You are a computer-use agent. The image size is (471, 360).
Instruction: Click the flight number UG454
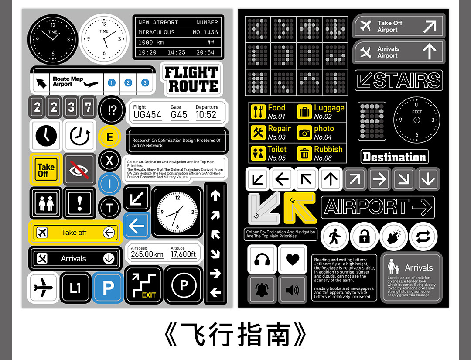[147, 115]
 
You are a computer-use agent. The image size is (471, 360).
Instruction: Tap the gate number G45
[179, 115]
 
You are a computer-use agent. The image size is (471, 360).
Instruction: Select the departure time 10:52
[206, 115]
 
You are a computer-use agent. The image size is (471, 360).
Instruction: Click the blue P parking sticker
[108, 288]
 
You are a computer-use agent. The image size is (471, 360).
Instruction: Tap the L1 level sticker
[75, 288]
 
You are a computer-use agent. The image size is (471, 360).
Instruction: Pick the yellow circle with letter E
[109, 137]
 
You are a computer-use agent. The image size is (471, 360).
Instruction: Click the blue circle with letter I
[109, 184]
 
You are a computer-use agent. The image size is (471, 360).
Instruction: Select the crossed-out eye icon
[79, 169]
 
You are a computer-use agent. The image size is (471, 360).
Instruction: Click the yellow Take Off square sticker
[46, 169]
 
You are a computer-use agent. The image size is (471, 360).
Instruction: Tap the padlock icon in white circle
[364, 237]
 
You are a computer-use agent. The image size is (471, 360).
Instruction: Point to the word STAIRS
[406, 81]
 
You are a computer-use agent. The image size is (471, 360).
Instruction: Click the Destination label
[394, 157]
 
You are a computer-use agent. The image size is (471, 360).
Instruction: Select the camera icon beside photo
[304, 132]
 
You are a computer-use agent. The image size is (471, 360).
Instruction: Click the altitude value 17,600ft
[183, 254]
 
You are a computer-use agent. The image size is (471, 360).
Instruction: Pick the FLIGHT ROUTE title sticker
[191, 79]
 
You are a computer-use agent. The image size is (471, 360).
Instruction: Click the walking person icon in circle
[335, 237]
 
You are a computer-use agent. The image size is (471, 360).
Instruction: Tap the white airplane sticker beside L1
[43, 288]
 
